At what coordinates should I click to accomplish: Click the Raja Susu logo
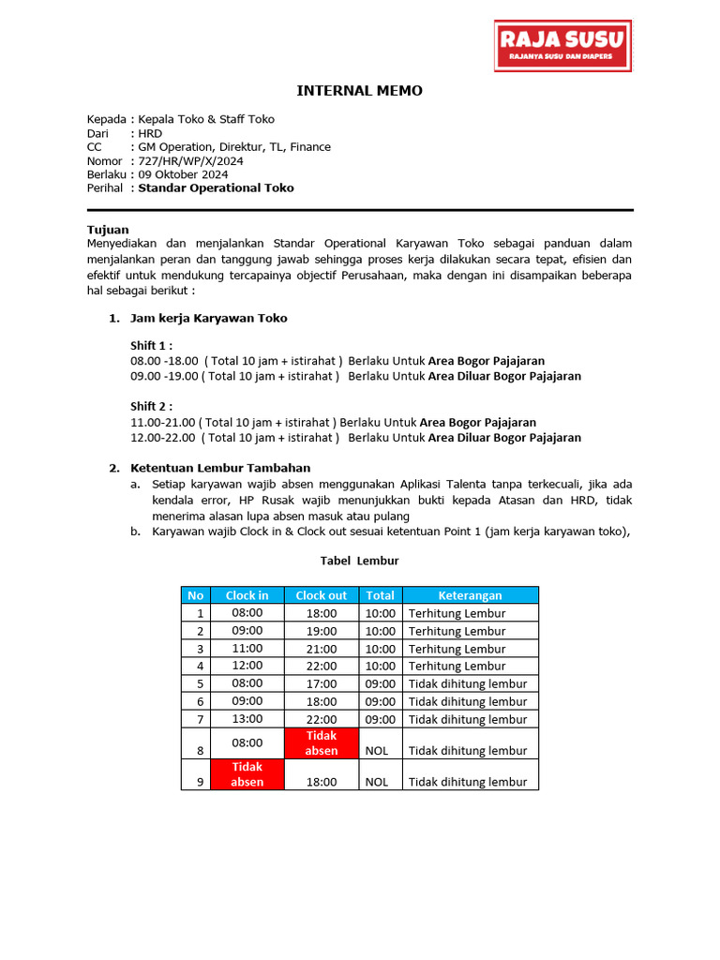click(x=563, y=47)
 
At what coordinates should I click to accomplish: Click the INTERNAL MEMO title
click(x=359, y=91)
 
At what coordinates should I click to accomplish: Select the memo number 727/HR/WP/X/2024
click(x=190, y=161)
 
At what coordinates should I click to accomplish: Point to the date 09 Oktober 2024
click(x=183, y=174)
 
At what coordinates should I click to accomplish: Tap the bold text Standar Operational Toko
click(x=216, y=187)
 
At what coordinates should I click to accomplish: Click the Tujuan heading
click(x=108, y=230)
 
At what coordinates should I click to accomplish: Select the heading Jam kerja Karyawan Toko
click(x=208, y=318)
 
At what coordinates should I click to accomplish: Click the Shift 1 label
click(x=151, y=345)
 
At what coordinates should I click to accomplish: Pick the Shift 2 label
click(x=151, y=406)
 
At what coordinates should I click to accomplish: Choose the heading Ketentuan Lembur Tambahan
click(x=220, y=468)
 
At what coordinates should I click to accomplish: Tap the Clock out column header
click(x=321, y=595)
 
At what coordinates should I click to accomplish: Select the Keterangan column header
click(x=470, y=595)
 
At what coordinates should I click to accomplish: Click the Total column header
click(x=380, y=595)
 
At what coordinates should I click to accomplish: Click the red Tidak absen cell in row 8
click(x=321, y=742)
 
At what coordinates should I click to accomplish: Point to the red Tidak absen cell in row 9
click(x=247, y=773)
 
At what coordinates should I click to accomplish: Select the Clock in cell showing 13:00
click(x=247, y=719)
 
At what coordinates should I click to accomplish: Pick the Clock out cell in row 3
click(x=321, y=648)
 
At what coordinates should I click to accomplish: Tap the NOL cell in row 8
click(x=377, y=750)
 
